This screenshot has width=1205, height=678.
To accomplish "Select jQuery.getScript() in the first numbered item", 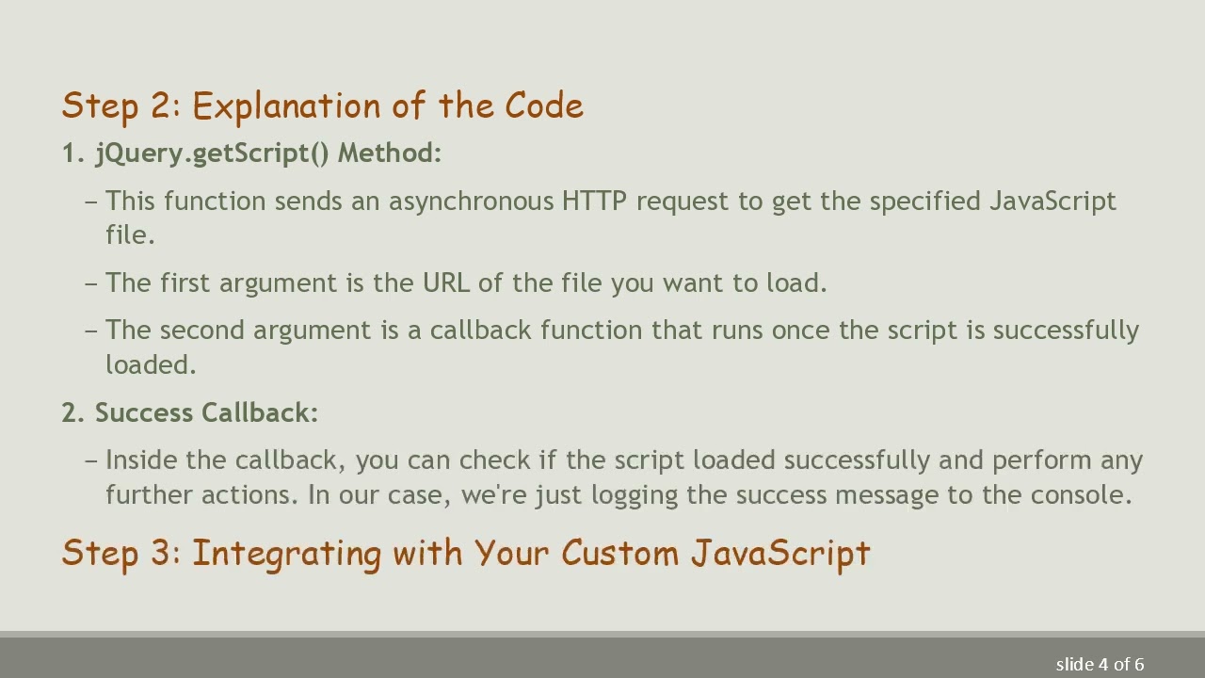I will (212, 153).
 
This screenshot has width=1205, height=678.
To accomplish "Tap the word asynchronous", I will (471, 202).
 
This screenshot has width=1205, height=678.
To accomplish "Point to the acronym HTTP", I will (594, 202).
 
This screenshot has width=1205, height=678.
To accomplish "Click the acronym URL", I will (445, 283).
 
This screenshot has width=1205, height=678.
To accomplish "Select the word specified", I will (924, 202).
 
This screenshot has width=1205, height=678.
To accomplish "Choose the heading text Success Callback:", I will (206, 413).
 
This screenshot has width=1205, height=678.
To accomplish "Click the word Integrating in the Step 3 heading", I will (287, 554).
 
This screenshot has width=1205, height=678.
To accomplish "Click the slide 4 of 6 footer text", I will (1100, 665).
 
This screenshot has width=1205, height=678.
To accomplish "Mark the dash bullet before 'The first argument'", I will (91, 283).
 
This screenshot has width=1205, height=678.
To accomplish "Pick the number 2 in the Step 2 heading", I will (158, 106).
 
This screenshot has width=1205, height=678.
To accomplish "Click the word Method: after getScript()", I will (389, 153).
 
